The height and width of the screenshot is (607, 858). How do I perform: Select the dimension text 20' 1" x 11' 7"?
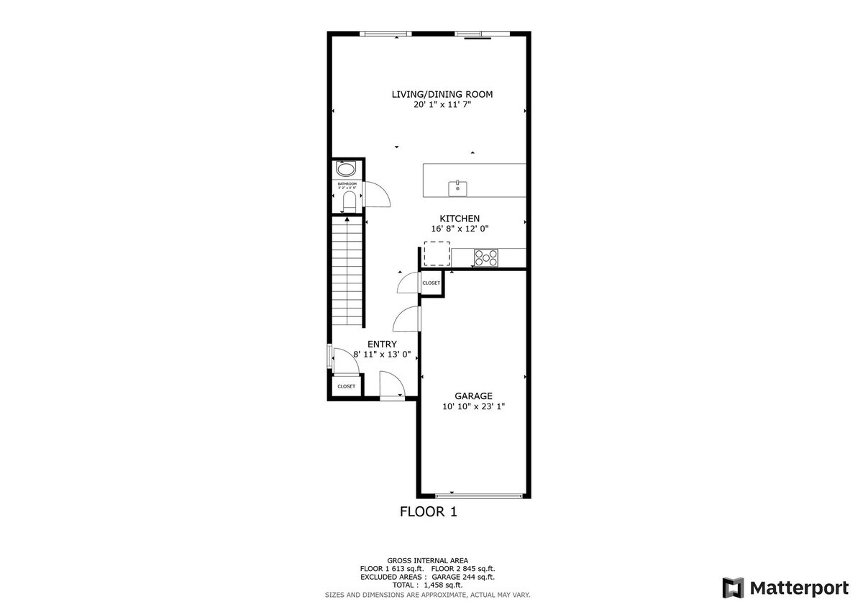tap(442, 105)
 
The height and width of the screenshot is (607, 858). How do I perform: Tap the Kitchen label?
tap(460, 219)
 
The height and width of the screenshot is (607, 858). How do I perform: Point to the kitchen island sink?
tap(457, 188)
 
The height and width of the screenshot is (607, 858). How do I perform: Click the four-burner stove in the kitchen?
tap(486, 257)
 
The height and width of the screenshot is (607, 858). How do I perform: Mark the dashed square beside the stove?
tap(436, 254)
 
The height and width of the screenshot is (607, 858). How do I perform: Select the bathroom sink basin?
tap(347, 170)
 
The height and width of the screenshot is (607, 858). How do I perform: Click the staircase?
tap(348, 273)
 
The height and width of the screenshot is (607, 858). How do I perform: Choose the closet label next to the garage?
tap(432, 283)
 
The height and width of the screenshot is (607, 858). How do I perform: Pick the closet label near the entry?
tap(346, 386)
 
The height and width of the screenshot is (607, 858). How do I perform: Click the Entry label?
tap(382, 344)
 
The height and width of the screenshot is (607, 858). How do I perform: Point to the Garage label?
tap(473, 396)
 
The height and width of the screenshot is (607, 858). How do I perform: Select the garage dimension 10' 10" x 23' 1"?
tap(473, 406)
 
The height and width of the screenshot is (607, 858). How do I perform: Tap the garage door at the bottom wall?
tap(479, 496)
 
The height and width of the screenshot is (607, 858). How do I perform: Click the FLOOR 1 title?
tap(428, 512)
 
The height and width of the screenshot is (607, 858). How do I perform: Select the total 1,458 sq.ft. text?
tap(427, 585)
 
